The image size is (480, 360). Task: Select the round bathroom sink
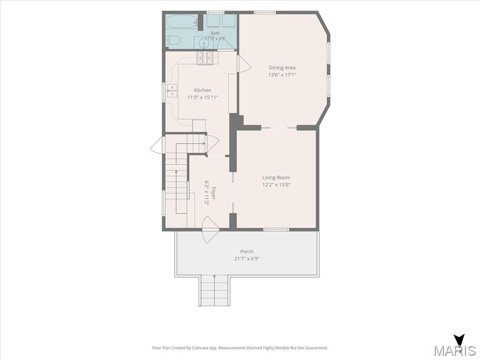point(204,44)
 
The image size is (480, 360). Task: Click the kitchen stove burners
point(205,58)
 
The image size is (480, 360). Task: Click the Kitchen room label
point(202,90)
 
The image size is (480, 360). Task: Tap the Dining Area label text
point(282,67)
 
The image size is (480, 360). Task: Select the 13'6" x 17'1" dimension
point(282,75)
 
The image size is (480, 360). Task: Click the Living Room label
point(276,178)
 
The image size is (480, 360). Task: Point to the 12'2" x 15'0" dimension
point(276,185)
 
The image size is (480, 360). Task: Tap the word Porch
point(247,251)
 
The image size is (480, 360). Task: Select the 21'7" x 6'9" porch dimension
point(247,259)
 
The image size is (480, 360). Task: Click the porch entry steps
point(215,291)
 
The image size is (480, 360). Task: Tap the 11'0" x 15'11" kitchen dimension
point(202,97)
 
